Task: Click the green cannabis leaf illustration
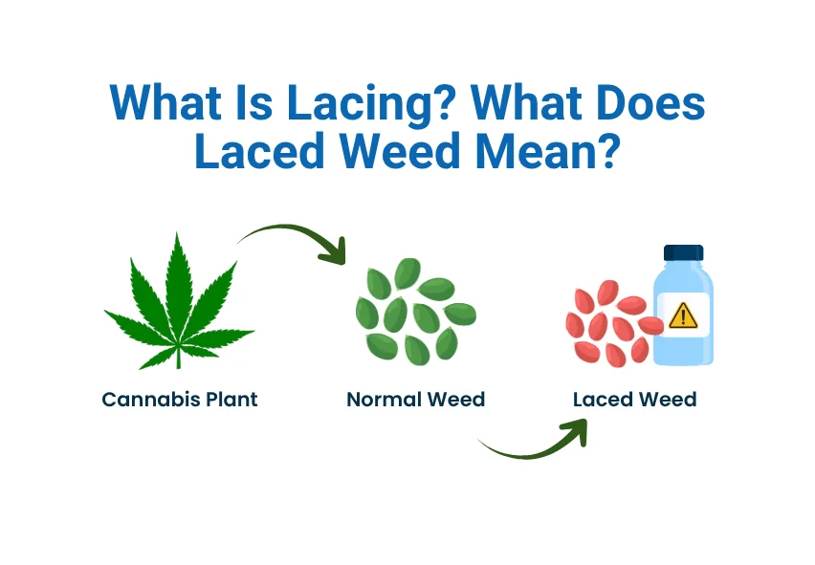click(179, 296)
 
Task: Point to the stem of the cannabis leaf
click(179, 359)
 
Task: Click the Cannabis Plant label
click(180, 400)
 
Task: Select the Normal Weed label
click(415, 400)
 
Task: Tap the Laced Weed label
click(634, 400)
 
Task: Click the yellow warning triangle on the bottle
click(683, 315)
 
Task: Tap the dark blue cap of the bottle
click(683, 252)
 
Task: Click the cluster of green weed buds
click(414, 309)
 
